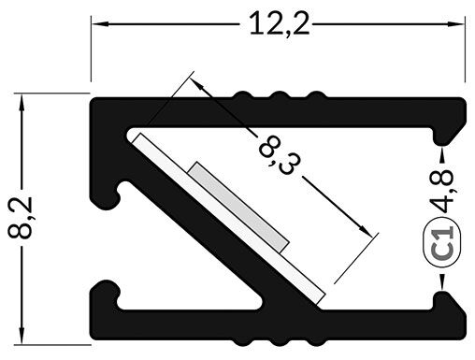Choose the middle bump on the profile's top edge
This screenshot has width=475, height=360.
(x=276, y=96)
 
